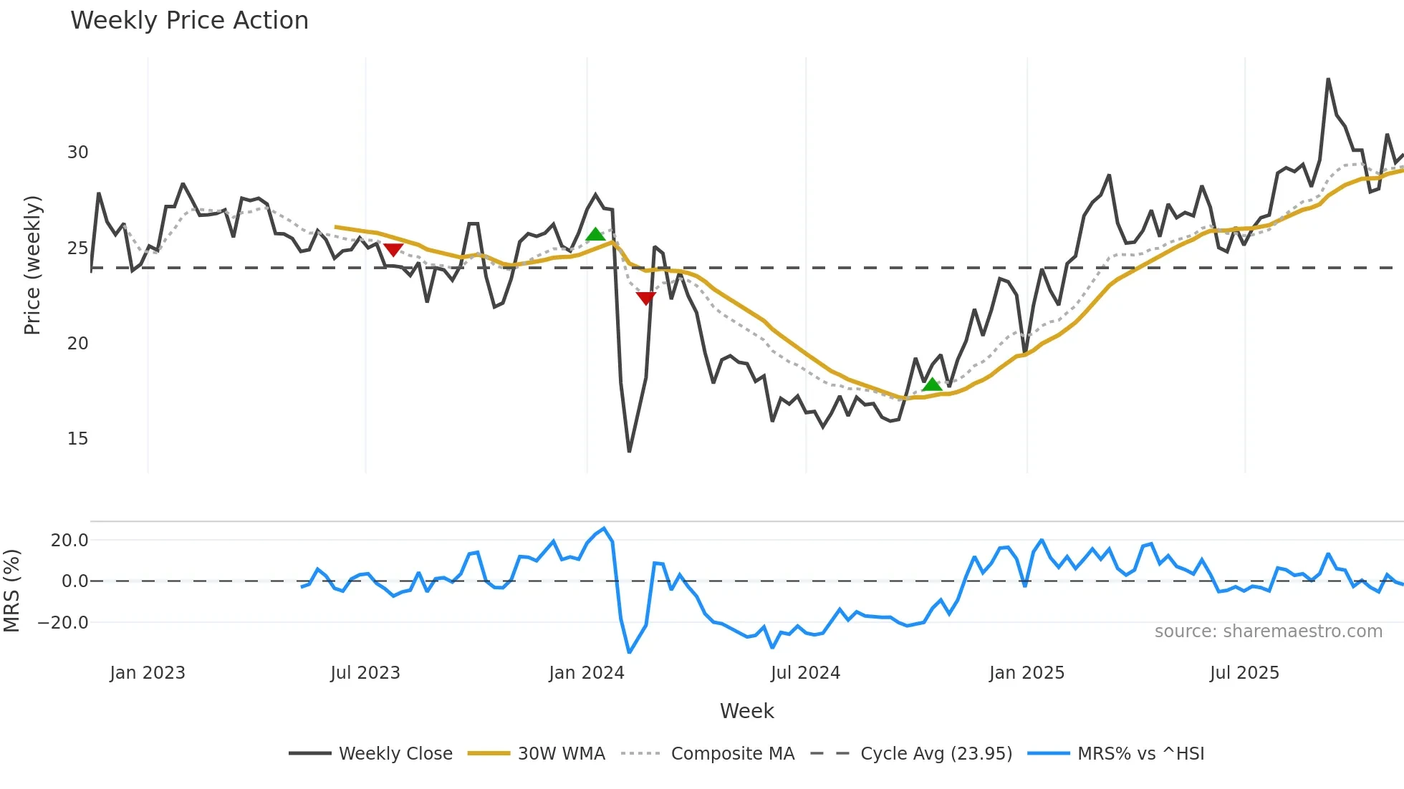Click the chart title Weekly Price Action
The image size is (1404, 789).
[189, 21]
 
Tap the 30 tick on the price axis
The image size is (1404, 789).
[77, 153]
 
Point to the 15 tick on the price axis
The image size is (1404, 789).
[77, 439]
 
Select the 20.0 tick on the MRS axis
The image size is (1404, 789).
[69, 541]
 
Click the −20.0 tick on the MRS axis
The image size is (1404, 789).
[64, 623]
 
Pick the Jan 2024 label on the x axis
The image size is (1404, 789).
[587, 673]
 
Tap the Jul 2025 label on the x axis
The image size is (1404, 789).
[1244, 673]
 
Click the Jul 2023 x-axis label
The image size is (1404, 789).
[365, 673]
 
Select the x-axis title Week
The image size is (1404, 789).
[746, 711]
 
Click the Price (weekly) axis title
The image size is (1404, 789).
[32, 265]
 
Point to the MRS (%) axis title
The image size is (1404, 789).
[11, 591]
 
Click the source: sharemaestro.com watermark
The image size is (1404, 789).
[1268, 631]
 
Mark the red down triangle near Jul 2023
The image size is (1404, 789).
[393, 249]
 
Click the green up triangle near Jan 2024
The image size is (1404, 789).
[595, 234]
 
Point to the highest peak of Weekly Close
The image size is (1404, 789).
[1328, 79]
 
